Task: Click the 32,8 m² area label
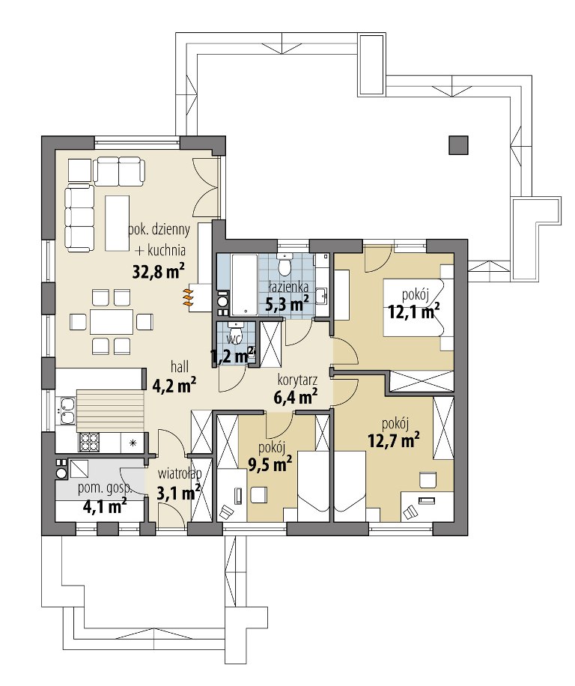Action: pyautogui.click(x=158, y=271)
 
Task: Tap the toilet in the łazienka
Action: pyautogui.click(x=285, y=264)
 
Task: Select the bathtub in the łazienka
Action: pyautogui.click(x=246, y=285)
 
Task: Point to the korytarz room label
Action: pyautogui.click(x=298, y=380)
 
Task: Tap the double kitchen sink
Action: pyautogui.click(x=66, y=411)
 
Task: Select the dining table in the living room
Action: pyautogui.click(x=111, y=323)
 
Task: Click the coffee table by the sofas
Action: pyautogui.click(x=118, y=223)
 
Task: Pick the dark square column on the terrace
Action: pyautogui.click(x=457, y=145)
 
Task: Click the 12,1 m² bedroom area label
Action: pyautogui.click(x=413, y=312)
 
